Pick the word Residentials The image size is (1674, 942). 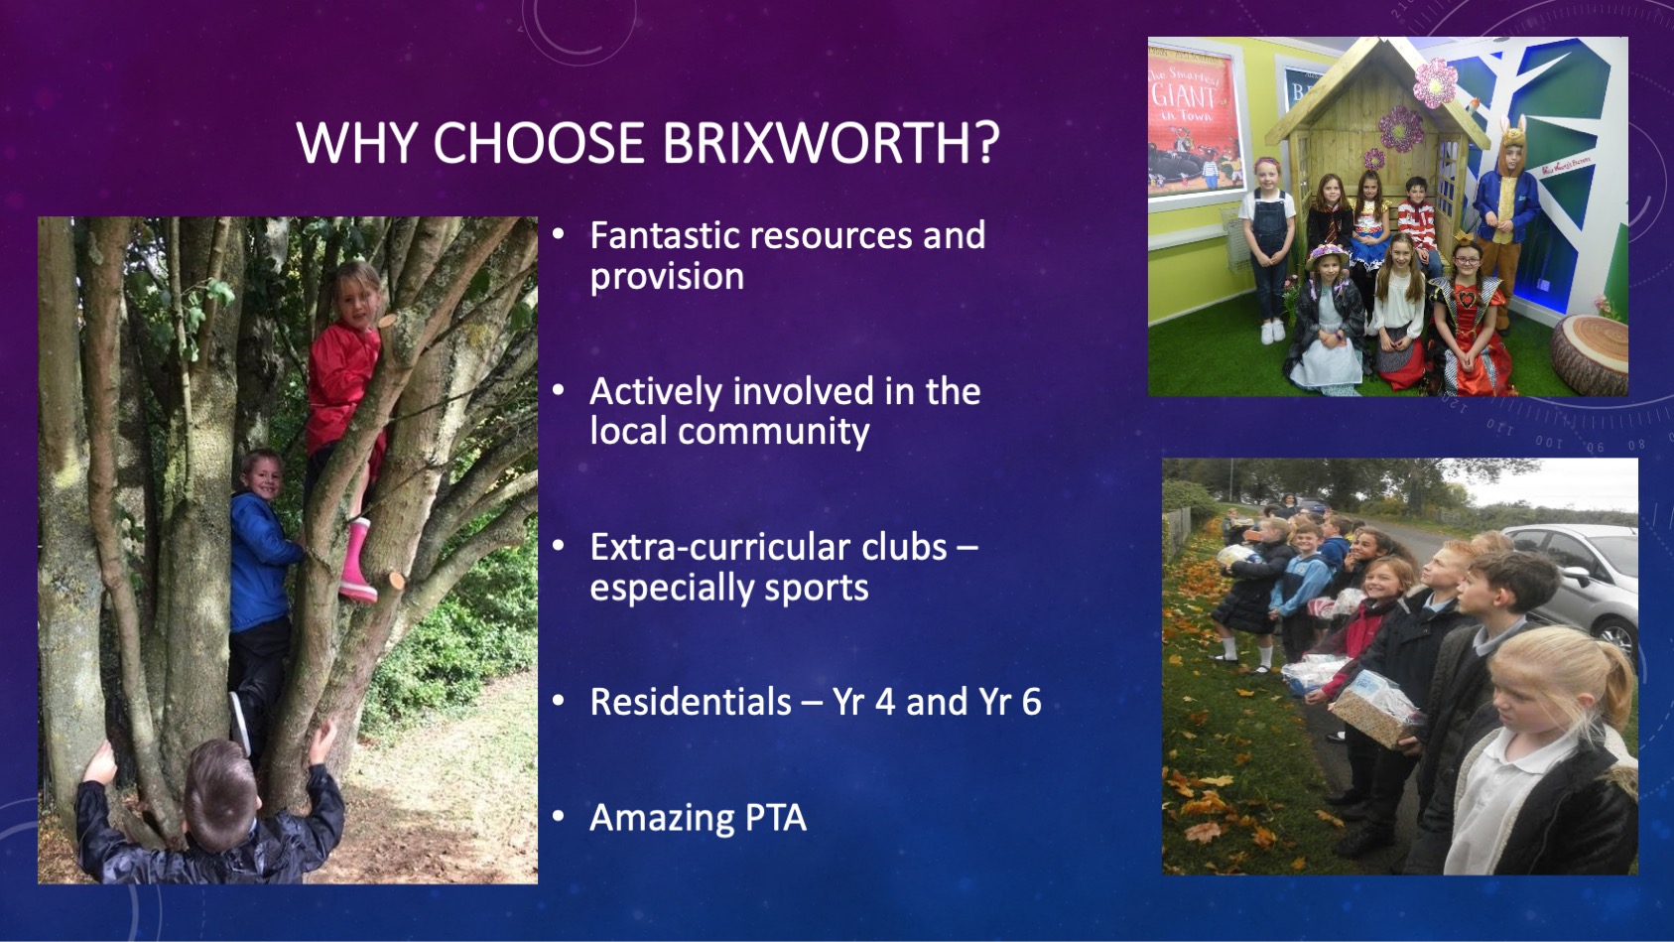point(691,702)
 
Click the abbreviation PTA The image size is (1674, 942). point(772,817)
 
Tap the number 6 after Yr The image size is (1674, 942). point(1031,702)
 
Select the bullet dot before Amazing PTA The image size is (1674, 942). point(559,816)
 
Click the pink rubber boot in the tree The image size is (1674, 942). point(357,561)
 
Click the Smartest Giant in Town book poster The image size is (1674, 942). point(1194,127)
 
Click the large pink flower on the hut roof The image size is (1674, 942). point(1434,82)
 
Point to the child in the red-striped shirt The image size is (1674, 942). point(1418,224)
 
